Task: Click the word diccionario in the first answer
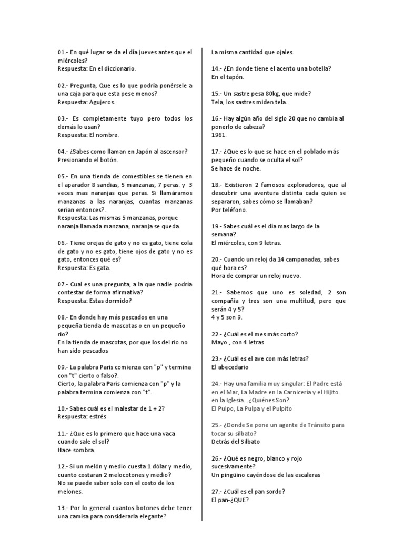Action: pos(118,68)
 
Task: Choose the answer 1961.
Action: pos(218,135)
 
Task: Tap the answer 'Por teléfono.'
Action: pos(229,209)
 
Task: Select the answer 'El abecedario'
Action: pos(230,367)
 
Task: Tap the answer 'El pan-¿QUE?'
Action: pos(230,500)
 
